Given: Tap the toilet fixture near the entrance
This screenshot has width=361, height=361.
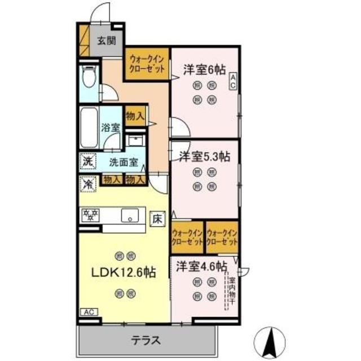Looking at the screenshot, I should click(x=89, y=78).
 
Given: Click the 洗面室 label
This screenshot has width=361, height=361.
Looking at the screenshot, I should click(x=123, y=161).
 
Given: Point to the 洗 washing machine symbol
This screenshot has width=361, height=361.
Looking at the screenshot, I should click(x=88, y=161).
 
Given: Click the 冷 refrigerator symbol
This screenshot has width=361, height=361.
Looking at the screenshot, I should click(x=88, y=183).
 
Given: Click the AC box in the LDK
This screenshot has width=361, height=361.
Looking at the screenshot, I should click(x=89, y=311).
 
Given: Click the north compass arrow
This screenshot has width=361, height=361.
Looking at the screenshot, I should click(x=270, y=340).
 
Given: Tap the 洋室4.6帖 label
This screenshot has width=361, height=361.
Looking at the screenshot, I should click(x=200, y=265).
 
